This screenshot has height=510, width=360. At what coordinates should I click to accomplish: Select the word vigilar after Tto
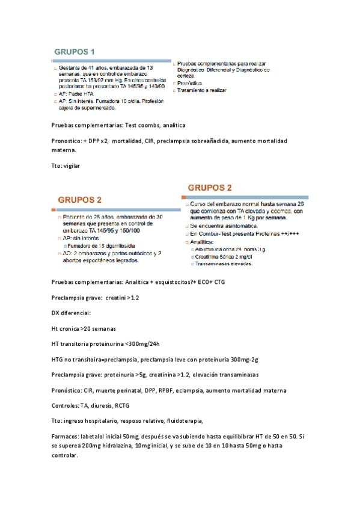[71, 165]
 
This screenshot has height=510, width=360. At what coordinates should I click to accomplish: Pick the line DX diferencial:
[72, 313]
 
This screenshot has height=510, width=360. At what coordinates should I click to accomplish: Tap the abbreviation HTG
[59, 360]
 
